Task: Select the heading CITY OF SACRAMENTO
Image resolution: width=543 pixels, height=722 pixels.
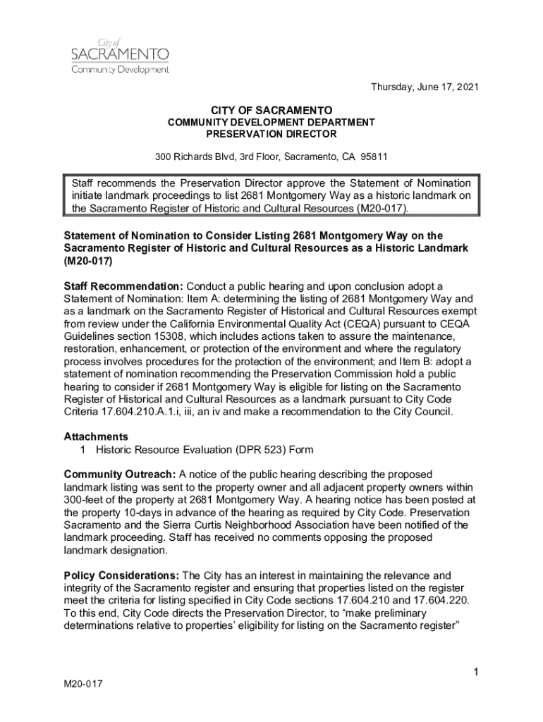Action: [x=271, y=111]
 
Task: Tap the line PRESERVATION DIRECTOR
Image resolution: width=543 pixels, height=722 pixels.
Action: [x=271, y=133]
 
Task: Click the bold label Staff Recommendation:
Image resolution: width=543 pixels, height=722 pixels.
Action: [x=123, y=286]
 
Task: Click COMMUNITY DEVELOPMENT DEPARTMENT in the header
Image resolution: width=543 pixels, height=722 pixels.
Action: [x=271, y=123]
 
